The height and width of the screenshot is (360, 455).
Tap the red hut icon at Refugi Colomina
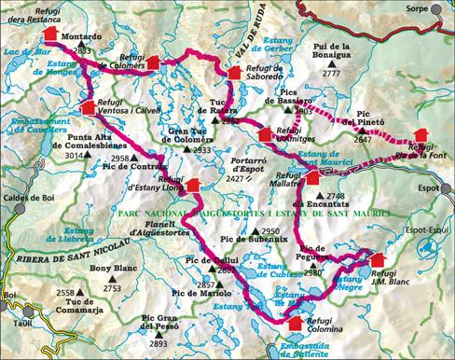coord(296,323)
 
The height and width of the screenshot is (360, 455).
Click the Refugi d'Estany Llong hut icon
coord(193,185)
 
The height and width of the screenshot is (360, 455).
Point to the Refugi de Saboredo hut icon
coord(233,74)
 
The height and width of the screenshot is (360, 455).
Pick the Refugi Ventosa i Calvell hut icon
coord(88,107)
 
